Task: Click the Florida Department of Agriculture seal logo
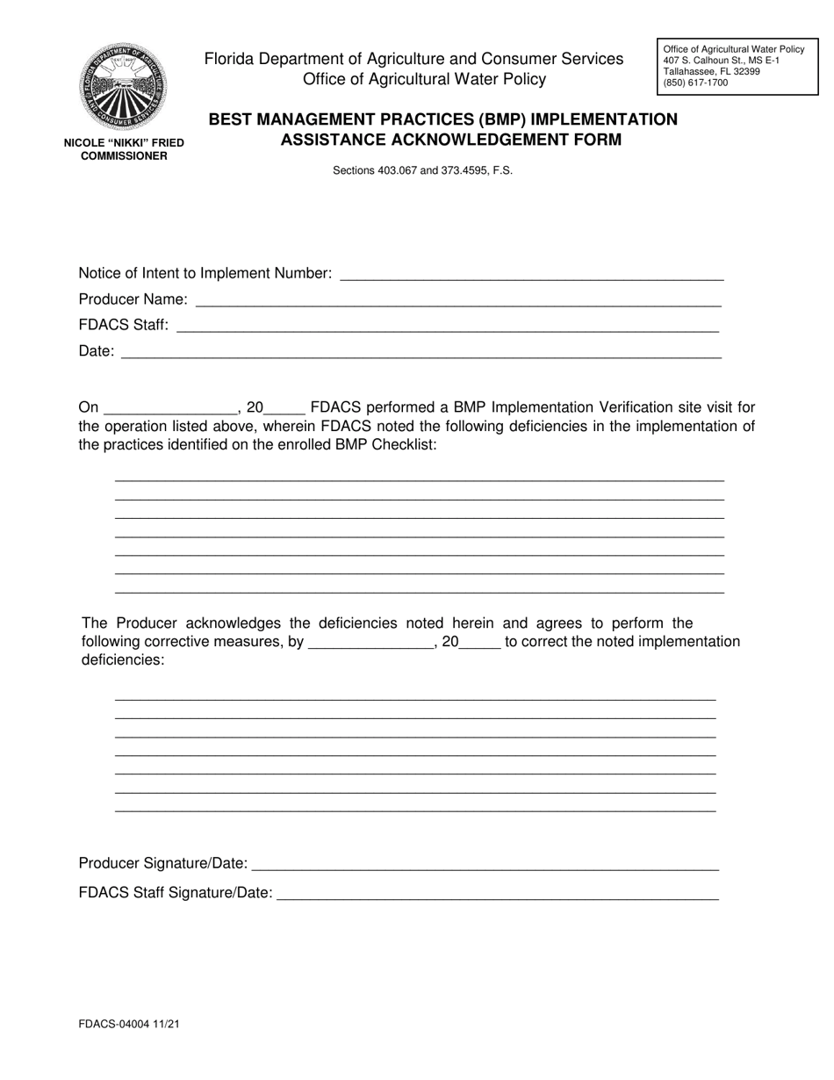(123, 87)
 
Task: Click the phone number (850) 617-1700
(695, 83)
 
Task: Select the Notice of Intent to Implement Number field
(531, 274)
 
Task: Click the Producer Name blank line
(457, 300)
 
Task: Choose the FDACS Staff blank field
(447, 326)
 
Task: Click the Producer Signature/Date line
(485, 864)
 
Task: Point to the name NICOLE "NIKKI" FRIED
(124, 143)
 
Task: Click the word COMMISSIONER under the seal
(124, 156)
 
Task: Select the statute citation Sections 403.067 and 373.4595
(422, 171)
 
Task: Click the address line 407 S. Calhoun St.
(721, 61)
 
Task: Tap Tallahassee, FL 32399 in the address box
(711, 72)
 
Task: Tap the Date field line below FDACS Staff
(421, 352)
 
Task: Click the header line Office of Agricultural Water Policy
(424, 80)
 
